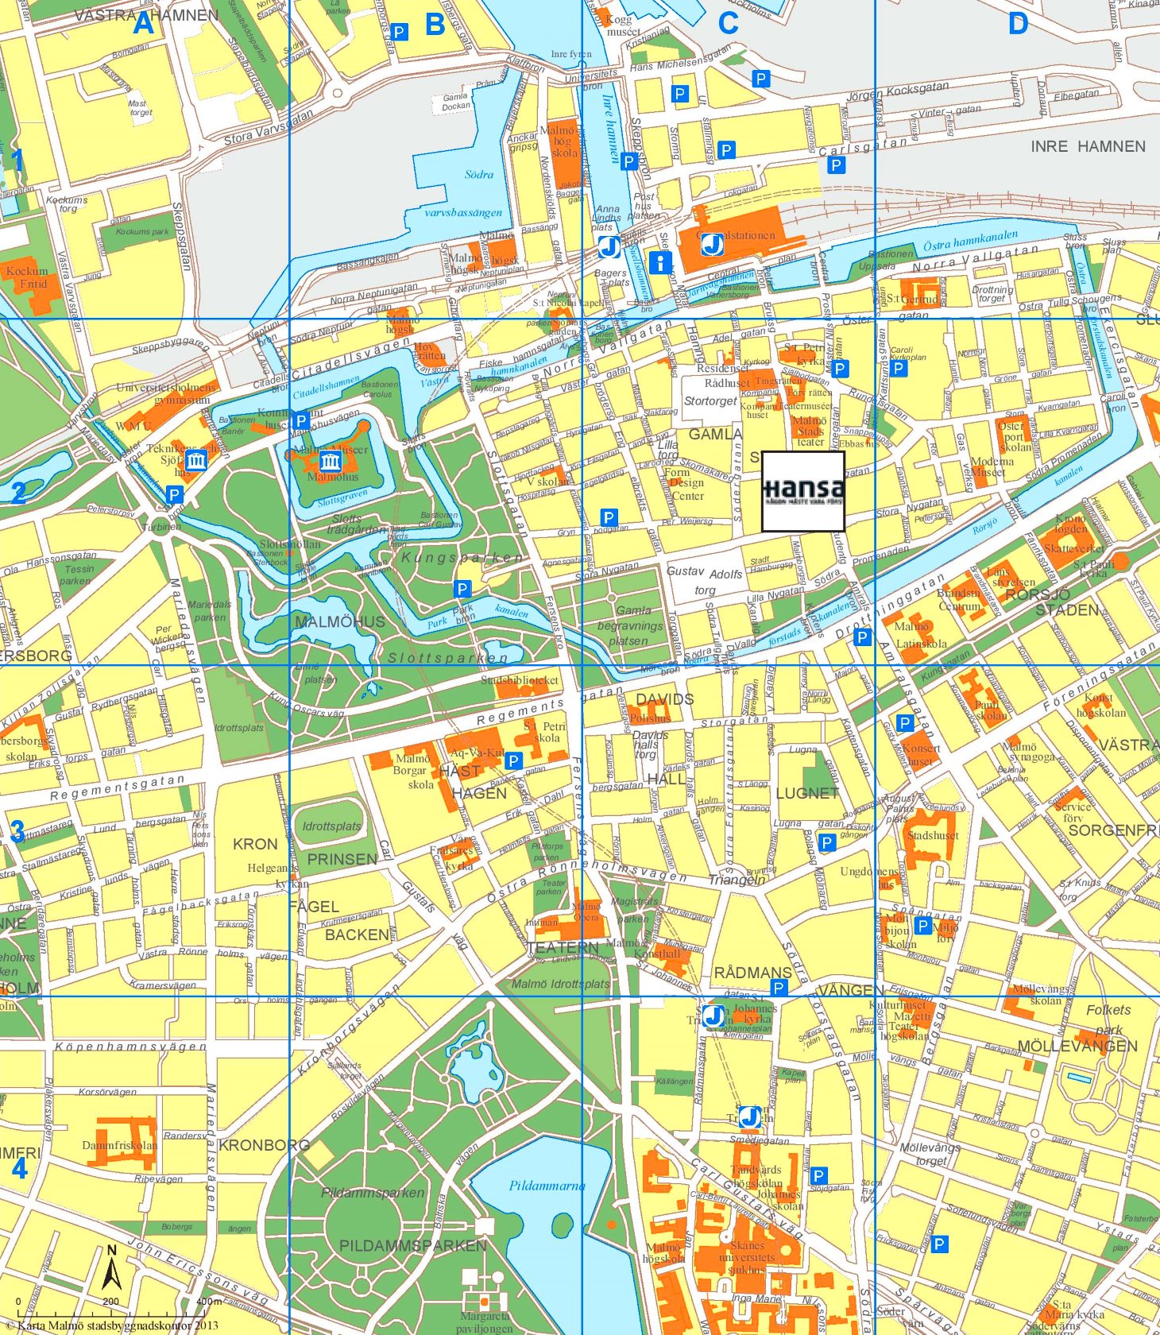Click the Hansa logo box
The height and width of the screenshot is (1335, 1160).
coord(802,491)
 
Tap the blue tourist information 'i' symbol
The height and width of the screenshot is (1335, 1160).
coord(660,262)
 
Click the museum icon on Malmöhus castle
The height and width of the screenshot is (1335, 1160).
coord(330,461)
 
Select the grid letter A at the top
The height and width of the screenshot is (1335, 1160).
coord(142,24)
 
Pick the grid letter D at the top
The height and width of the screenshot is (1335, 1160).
coord(1018,24)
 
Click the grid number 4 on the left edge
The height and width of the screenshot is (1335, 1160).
coord(19,1168)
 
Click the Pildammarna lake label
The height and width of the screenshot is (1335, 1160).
coord(547,1186)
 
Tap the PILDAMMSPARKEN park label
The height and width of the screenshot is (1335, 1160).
coord(412,1245)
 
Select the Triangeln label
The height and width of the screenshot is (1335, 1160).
coord(737,880)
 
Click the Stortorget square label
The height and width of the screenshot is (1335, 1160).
coord(710,401)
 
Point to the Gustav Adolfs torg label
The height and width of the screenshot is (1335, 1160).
coord(704,580)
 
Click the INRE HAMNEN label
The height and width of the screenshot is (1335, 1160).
coord(1088,146)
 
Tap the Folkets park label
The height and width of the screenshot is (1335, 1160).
coord(1108,1020)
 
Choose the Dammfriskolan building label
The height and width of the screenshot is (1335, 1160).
coord(119,1145)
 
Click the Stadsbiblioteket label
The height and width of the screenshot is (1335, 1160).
coord(520,681)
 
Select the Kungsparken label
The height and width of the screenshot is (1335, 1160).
coord(462,558)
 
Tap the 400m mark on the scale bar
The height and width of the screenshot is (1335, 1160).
coord(208,1302)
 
